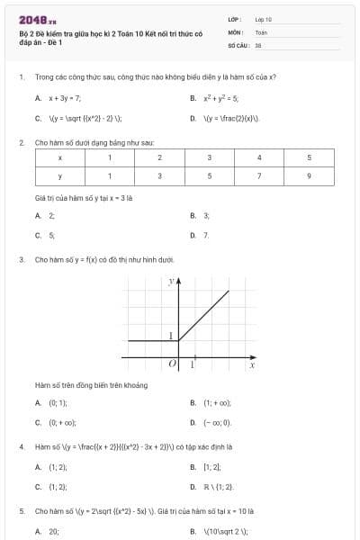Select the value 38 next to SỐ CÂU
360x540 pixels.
point(258,43)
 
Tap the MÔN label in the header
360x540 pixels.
point(234,31)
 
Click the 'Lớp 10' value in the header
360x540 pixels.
point(264,18)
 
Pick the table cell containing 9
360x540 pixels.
point(309,175)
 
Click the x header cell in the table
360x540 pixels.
point(59,157)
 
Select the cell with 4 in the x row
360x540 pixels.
point(259,157)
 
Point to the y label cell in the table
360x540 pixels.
point(59,175)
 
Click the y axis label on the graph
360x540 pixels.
point(170,282)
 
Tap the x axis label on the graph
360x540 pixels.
point(252,365)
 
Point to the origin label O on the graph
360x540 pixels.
point(170,364)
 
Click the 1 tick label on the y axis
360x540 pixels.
point(170,336)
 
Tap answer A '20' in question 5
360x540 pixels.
point(53,531)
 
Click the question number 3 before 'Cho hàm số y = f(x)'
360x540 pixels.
point(21,259)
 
